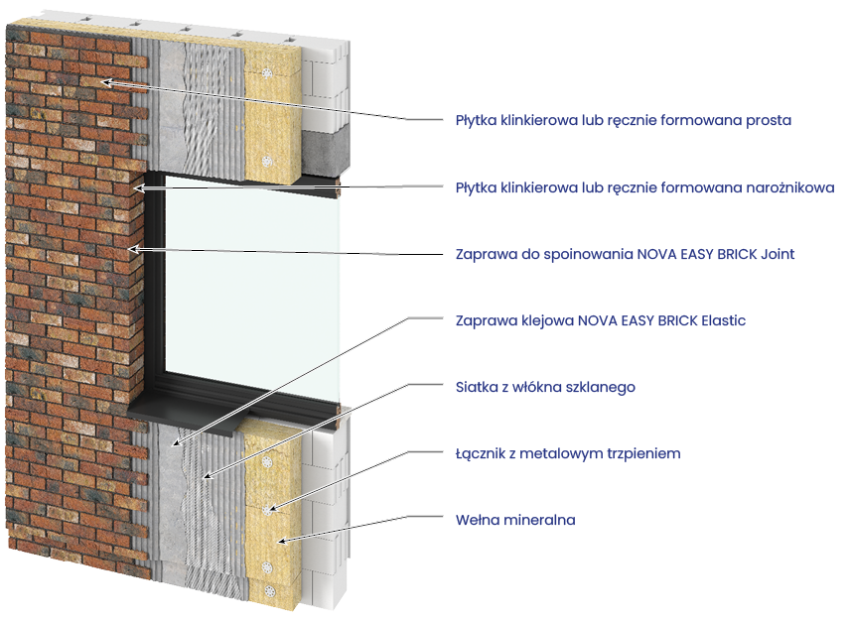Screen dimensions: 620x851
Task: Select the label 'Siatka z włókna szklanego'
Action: click(544, 388)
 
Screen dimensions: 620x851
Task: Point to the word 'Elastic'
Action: click(723, 321)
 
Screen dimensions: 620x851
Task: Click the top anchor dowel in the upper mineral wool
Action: click(268, 75)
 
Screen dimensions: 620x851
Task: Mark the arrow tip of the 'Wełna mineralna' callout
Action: click(280, 541)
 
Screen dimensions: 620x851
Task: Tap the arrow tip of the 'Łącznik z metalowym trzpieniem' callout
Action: click(270, 511)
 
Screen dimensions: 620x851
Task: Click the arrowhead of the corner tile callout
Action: click(138, 187)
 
